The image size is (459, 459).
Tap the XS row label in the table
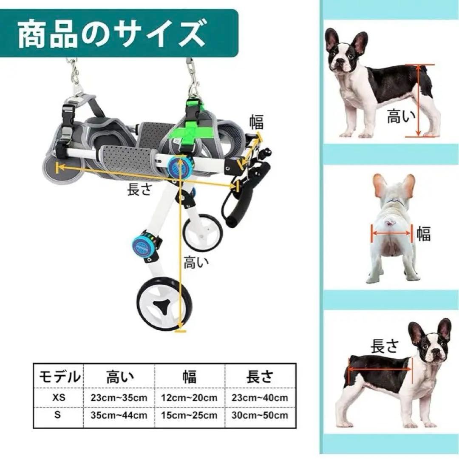pos(59,398)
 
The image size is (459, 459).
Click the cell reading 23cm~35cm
pos(119,398)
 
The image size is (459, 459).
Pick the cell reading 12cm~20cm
pos(190,398)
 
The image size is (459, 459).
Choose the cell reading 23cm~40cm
pos(260,398)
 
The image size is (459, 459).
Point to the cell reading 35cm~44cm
pos(119,415)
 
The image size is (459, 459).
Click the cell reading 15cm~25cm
pos(190,415)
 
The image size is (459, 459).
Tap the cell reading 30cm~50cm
pos(260,415)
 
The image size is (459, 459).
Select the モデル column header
pos(59,377)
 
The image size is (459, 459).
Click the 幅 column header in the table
pos(190,377)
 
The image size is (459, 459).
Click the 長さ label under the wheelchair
pos(139,189)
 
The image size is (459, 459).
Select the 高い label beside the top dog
pos(399,116)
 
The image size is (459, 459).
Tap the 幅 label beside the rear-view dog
pos(423,234)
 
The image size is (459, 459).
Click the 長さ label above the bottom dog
pos(385,346)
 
